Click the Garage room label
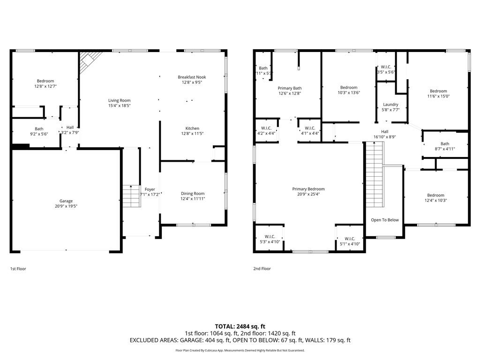[x=66, y=201]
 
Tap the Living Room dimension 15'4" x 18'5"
[x=119, y=106]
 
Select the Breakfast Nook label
[x=192, y=77]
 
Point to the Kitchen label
[x=192, y=128]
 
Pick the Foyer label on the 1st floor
[x=150, y=189]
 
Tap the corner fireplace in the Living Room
[x=89, y=61]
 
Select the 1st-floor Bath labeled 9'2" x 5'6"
[x=39, y=132]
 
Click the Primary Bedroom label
[x=308, y=189]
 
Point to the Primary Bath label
[x=290, y=88]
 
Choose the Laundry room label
[x=390, y=105]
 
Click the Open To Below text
[x=385, y=220]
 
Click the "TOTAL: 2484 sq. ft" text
[x=240, y=326]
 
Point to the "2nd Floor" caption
[x=262, y=269]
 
